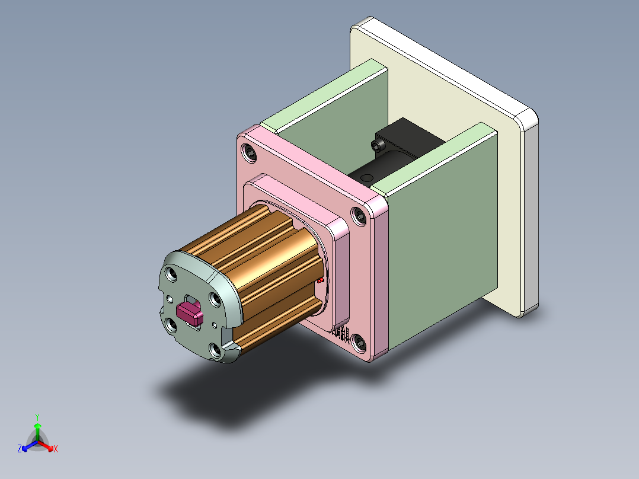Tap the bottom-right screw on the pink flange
(359, 341)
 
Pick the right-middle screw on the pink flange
(359, 216)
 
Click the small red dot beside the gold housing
(321, 279)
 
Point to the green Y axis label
(37, 417)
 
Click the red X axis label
(56, 449)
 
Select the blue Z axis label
(20, 449)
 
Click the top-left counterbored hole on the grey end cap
(172, 274)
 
